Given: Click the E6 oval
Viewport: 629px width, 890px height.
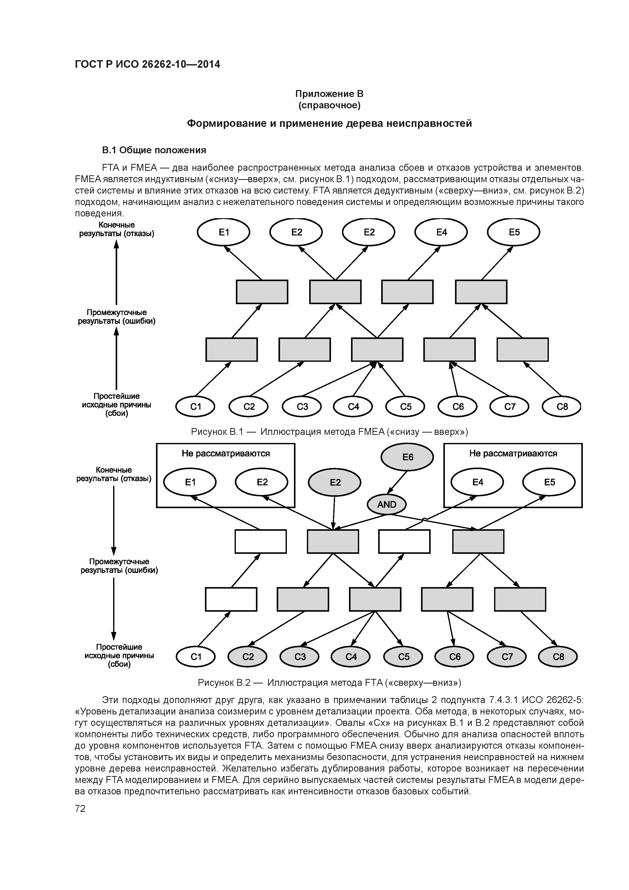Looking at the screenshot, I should [407, 457].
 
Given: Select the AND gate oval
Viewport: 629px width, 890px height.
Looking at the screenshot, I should [387, 504].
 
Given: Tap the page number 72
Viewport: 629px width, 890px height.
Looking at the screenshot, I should [80, 809].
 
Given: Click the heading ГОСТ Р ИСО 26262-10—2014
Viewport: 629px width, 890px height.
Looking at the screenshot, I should [147, 64].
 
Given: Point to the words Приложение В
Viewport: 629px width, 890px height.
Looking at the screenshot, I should [329, 94].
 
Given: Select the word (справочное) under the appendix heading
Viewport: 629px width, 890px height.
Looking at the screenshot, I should [329, 106].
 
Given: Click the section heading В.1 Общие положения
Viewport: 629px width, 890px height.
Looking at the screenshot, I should [154, 150].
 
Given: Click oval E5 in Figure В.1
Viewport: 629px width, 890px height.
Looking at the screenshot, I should [514, 232].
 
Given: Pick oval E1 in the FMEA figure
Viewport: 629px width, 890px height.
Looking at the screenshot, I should [224, 232].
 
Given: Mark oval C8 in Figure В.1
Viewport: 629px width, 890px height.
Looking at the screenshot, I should [562, 407].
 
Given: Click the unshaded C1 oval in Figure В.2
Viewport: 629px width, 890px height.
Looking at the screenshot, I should [196, 657].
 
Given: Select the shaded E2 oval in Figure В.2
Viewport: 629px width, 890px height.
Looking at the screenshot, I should [335, 483].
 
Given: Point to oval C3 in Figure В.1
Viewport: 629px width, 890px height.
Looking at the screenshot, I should [302, 407].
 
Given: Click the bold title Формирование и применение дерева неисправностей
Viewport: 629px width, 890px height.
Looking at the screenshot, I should [329, 124].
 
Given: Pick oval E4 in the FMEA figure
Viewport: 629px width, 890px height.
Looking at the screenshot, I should [441, 232].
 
